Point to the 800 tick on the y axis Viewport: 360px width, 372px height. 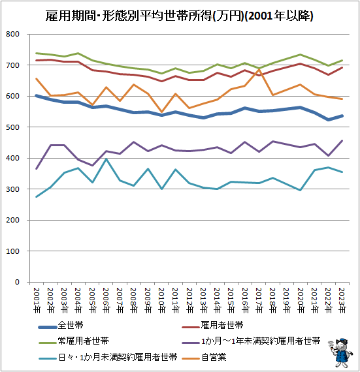point(20,35)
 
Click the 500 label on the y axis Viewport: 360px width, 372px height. point(20,127)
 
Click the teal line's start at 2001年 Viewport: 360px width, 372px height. point(36,196)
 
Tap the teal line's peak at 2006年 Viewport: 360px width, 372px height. point(106,159)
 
